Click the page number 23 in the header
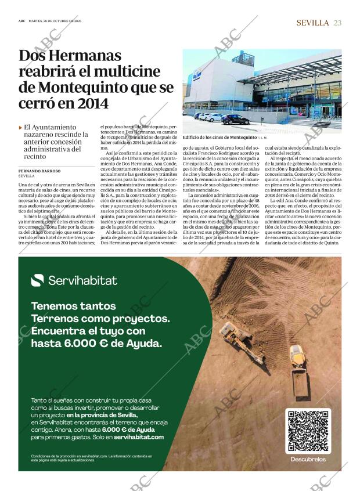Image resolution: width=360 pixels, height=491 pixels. click(x=337, y=23)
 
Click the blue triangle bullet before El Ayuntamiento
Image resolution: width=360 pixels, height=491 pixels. click(x=21, y=127)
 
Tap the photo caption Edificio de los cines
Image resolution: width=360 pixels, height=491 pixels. click(x=219, y=137)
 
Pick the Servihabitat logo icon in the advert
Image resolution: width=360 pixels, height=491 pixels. click(x=37, y=280)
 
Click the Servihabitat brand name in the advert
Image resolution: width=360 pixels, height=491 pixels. click(x=82, y=281)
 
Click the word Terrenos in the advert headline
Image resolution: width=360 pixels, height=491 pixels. click(x=57, y=319)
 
